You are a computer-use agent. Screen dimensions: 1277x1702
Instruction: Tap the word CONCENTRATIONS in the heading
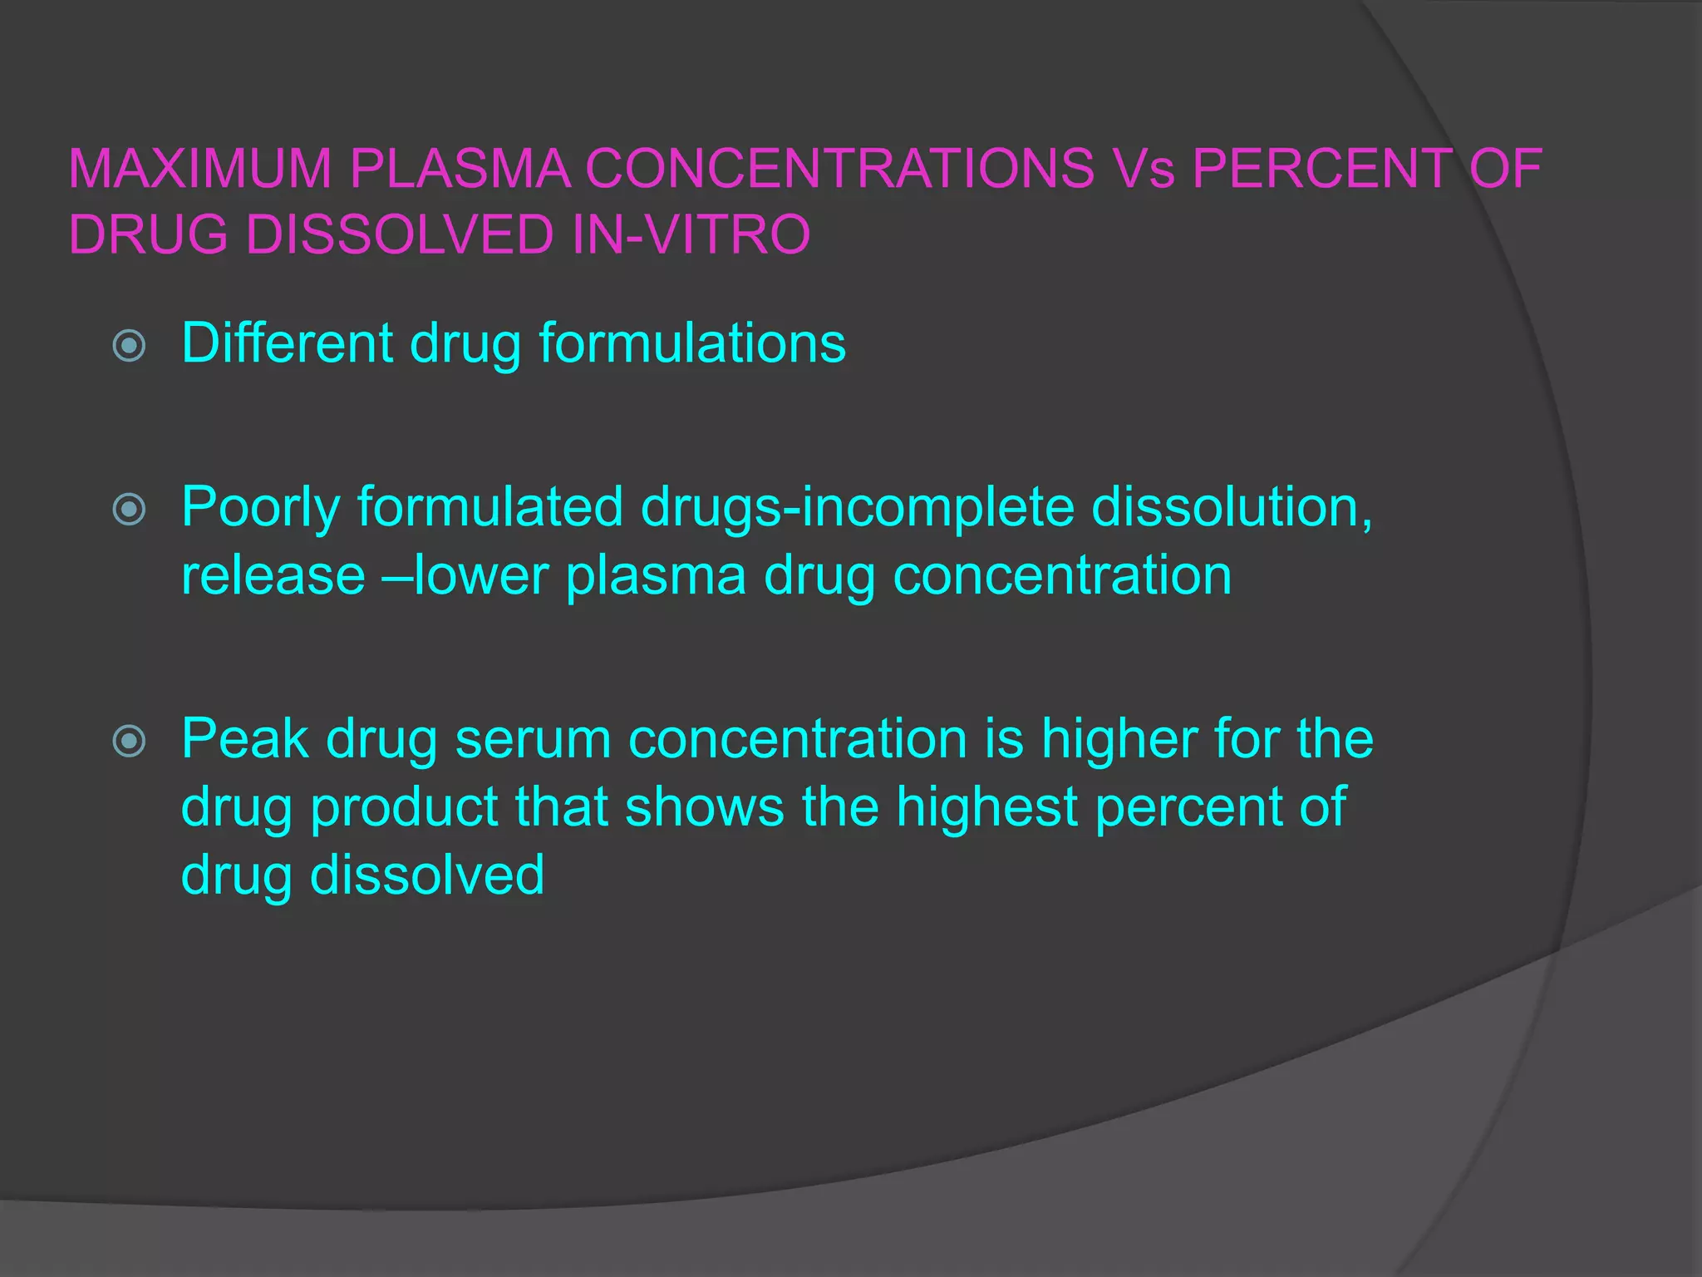coord(839,169)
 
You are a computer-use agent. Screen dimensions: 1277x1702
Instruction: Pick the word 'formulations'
coord(692,343)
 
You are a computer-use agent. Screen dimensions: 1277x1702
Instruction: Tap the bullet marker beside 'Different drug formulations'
coord(129,345)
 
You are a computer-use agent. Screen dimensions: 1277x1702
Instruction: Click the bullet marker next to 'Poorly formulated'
coord(129,509)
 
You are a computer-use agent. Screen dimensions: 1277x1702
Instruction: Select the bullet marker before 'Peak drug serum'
coord(129,740)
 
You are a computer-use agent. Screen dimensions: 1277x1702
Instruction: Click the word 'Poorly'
coord(261,507)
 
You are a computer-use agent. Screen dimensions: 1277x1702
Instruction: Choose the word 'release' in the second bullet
coord(273,575)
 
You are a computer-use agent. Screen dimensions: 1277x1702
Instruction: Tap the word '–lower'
coord(466,575)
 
